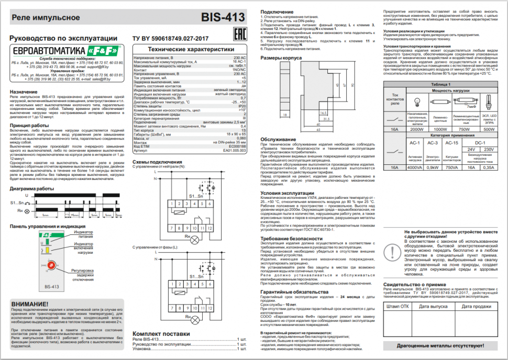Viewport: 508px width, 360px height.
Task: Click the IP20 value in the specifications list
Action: click(242, 106)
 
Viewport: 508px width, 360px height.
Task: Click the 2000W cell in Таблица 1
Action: click(417, 129)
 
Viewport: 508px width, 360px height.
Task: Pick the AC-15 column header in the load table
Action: click(450, 142)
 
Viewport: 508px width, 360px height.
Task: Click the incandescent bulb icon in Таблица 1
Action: click(417, 102)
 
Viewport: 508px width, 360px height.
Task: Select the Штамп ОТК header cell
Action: click(397, 307)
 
